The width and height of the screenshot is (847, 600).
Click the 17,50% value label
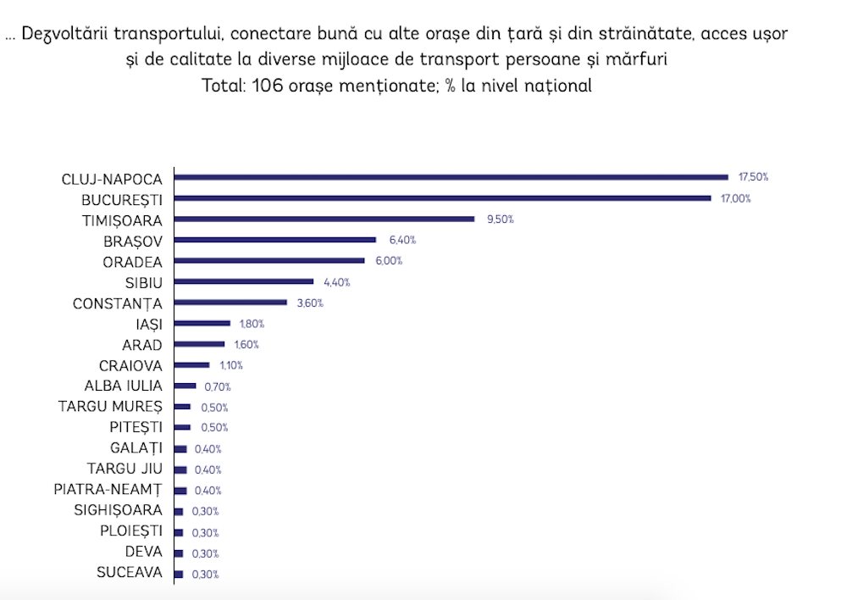tap(753, 177)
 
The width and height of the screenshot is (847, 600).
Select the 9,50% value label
tap(499, 219)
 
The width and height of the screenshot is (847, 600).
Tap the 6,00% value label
tap(388, 261)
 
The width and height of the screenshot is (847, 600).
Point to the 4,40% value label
tap(336, 281)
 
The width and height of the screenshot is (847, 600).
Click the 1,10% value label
tap(231, 365)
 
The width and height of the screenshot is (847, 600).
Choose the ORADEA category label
tap(132, 261)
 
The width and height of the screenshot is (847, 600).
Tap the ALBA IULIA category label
tap(121, 386)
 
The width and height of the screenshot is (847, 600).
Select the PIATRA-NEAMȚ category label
tap(107, 491)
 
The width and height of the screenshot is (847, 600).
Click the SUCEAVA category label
tap(130, 574)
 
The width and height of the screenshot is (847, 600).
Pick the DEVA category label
tap(143, 553)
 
